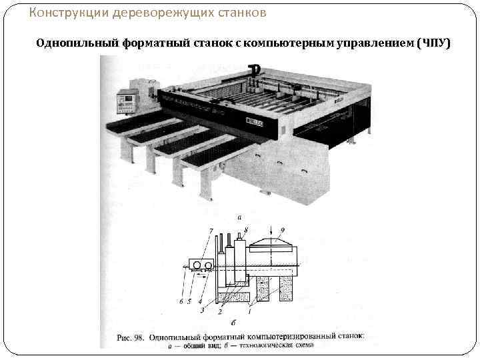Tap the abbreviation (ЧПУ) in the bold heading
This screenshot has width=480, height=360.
(433, 43)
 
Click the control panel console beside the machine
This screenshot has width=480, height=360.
(127, 102)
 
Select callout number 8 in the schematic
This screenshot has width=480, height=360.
(246, 230)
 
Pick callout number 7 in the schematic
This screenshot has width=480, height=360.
(211, 231)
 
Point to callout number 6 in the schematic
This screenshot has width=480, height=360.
(181, 301)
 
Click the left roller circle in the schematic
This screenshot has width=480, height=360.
(197, 265)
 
